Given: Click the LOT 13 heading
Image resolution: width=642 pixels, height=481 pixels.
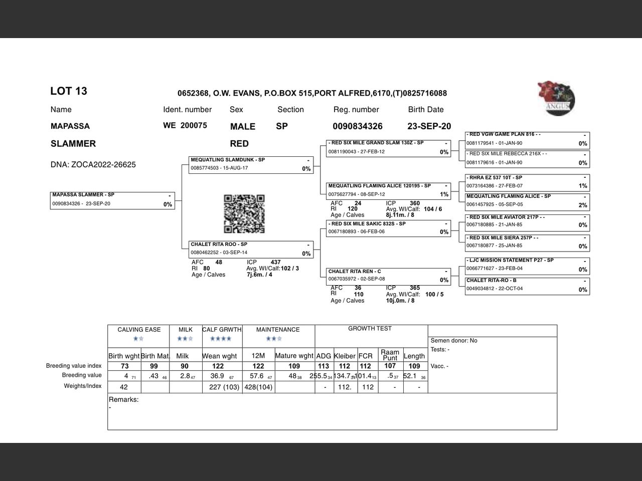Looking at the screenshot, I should (69, 91).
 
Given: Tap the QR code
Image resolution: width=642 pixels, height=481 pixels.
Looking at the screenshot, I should (244, 214).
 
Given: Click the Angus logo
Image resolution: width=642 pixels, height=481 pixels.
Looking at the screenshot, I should (556, 98).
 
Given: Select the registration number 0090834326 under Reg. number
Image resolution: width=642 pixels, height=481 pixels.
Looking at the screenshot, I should (358, 126).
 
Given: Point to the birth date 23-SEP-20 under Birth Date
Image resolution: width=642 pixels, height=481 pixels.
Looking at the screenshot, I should (429, 126).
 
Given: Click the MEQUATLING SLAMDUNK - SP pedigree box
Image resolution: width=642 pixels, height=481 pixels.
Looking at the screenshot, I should (251, 165).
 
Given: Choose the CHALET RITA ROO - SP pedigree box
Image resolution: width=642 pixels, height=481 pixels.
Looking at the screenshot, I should (251, 249).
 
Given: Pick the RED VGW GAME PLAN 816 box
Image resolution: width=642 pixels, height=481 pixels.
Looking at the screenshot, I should (527, 139).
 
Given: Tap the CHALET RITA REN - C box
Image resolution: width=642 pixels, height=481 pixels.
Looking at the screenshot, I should (388, 276).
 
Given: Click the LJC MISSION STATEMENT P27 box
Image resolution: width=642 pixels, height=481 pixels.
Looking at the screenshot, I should (527, 265).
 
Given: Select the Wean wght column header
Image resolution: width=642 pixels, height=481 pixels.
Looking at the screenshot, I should (219, 356).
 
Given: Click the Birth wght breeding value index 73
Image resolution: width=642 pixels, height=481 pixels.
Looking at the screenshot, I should (124, 366).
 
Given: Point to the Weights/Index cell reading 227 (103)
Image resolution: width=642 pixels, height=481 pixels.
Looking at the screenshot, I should (222, 387).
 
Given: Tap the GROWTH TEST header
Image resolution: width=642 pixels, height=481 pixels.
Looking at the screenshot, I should (370, 329).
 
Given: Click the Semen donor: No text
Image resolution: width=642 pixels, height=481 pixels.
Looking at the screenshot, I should (454, 341).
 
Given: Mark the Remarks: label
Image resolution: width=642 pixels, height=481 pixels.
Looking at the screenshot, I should (124, 400).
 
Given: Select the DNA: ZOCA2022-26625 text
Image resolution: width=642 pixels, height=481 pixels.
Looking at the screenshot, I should (93, 165).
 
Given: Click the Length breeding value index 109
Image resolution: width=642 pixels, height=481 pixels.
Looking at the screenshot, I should (414, 366).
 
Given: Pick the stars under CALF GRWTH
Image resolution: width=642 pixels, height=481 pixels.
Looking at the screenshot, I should (221, 339).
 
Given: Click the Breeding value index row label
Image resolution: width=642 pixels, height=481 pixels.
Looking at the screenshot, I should (74, 366).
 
